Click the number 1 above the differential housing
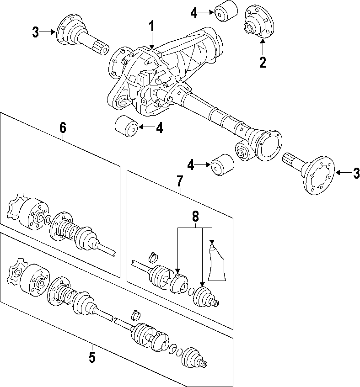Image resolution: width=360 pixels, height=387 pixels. (x=152, y=28)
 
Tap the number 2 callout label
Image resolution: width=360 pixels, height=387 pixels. (x=263, y=62)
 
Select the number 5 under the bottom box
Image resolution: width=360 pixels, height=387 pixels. (x=92, y=357)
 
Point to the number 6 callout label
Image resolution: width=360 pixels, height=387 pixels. (x=63, y=128)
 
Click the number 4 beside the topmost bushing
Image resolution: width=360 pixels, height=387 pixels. (x=194, y=13)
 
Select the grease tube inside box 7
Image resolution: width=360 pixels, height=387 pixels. (x=217, y=264)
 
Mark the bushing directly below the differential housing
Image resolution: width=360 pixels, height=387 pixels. (x=126, y=127)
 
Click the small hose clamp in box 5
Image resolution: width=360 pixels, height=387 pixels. (x=136, y=315)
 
